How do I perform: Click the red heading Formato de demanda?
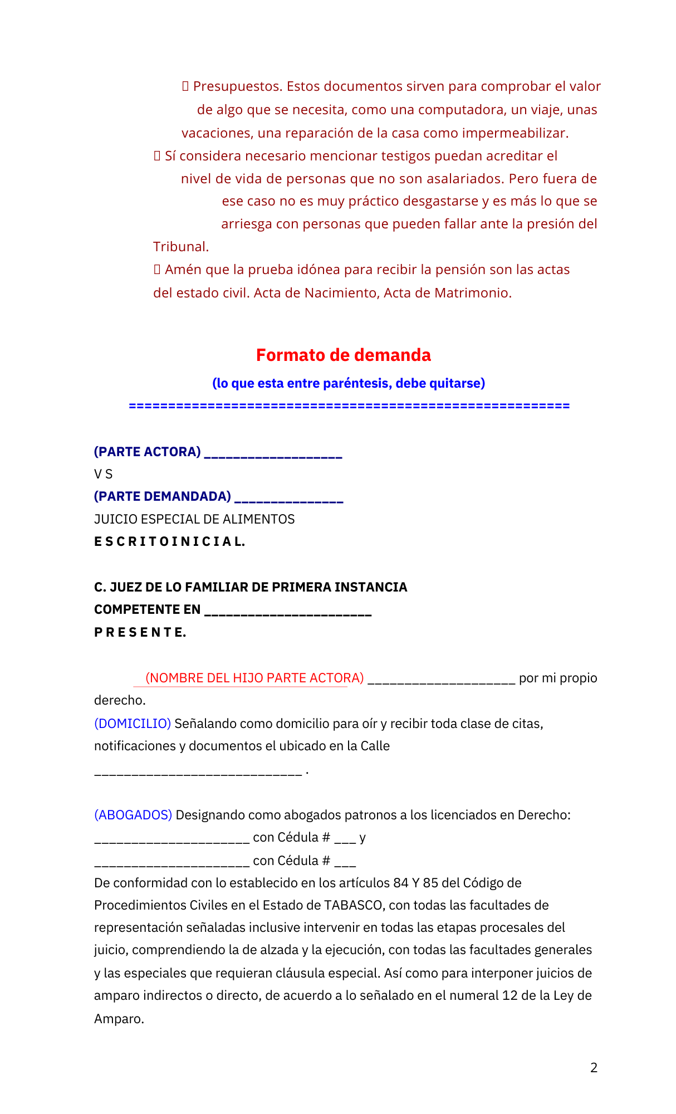343,355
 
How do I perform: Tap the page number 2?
594,1067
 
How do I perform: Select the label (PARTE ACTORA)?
147,452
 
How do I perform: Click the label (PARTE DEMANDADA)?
162,496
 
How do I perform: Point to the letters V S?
104,474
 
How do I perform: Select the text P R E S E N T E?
140,632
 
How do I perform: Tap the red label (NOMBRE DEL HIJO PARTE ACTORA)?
254,678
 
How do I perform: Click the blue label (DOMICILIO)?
133,724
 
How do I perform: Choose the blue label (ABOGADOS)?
133,815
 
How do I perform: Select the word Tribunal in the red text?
181,247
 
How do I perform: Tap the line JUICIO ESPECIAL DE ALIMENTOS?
194,519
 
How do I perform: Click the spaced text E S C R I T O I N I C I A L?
169,541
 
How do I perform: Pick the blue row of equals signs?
349,405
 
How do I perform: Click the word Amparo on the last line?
119,1019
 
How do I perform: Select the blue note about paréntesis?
349,383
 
